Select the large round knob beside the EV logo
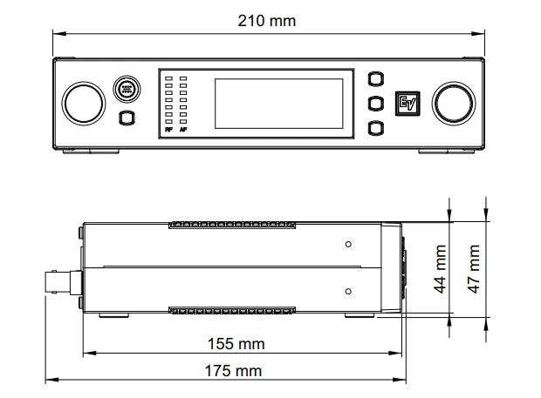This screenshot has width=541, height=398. (456, 104)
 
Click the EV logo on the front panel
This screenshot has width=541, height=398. (407, 103)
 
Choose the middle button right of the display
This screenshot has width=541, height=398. (376, 104)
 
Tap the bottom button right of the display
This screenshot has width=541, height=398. (376, 129)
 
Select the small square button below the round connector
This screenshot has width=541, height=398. (127, 118)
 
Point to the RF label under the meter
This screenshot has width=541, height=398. (168, 131)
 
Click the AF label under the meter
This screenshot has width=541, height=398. (183, 131)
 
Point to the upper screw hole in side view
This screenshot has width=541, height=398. (348, 244)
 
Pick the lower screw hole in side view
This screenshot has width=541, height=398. (348, 291)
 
